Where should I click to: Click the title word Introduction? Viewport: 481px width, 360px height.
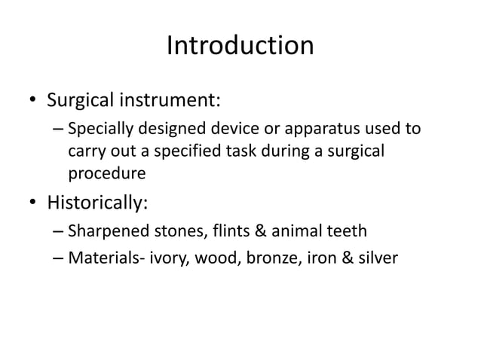click(x=240, y=47)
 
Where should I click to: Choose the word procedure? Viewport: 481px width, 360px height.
click(x=107, y=174)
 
